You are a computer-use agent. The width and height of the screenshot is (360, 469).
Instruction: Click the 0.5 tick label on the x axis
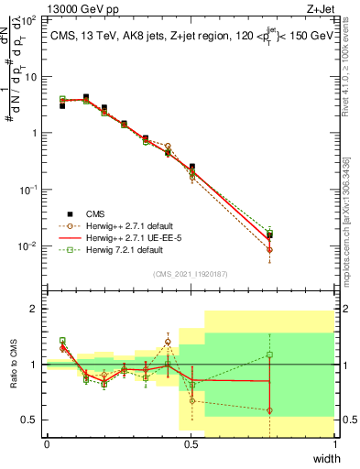(191, 444)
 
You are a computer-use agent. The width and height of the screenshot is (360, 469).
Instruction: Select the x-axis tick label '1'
(334, 444)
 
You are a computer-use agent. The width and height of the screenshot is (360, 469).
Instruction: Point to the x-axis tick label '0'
(47, 444)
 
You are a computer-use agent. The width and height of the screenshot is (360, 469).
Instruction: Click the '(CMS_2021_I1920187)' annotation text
(190, 274)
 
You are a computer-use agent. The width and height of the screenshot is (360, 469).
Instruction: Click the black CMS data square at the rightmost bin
(269, 235)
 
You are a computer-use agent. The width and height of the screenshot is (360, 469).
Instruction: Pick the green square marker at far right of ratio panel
(269, 354)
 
